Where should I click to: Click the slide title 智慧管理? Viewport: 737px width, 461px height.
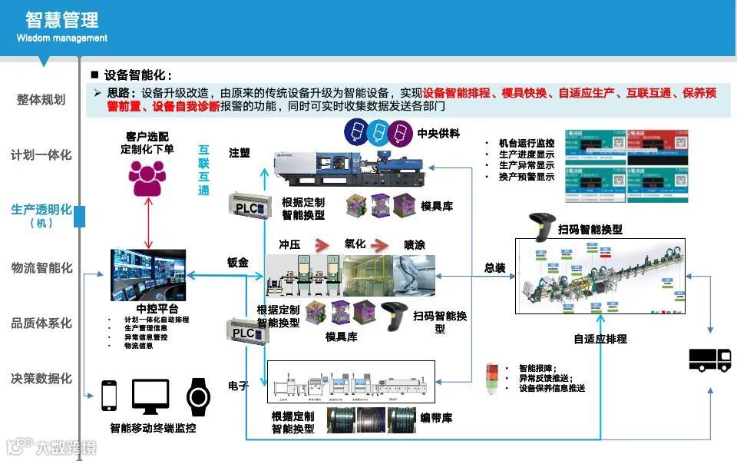61,19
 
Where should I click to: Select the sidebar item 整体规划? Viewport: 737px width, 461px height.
41,100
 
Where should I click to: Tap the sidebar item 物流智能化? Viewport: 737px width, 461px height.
41,268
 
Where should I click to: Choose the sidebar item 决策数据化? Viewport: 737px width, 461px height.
41,379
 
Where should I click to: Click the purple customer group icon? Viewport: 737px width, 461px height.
147,177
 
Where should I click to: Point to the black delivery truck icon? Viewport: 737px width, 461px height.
710,360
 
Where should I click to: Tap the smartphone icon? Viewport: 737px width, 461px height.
109,396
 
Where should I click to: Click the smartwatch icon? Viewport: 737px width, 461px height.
198,396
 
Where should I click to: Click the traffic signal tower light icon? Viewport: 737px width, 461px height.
492,377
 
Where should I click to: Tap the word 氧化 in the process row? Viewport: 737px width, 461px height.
355,244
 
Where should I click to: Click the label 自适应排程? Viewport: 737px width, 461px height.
600,339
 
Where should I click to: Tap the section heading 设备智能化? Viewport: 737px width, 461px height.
137,75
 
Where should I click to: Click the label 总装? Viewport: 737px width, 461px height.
494,268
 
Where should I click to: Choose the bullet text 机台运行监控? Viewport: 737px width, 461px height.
526,143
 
